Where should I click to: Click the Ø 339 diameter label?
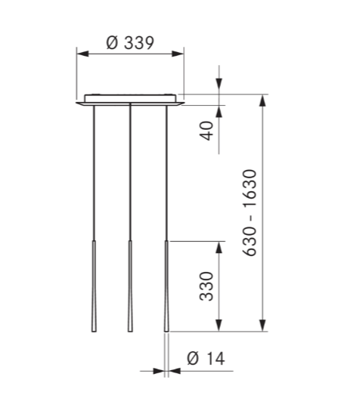coord(130,42)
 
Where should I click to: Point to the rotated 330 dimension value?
coord(206,286)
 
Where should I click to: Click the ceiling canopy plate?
coord(130,99)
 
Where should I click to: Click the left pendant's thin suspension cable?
coord(93,174)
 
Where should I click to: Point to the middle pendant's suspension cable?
coord(130,174)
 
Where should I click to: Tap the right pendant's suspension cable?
coord(166,174)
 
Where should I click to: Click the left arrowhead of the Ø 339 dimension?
coord(82,53)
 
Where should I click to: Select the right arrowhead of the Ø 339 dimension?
coord(179,53)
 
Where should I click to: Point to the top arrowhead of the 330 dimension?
coord(219,247)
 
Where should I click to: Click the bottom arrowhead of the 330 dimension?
coord(219,326)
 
